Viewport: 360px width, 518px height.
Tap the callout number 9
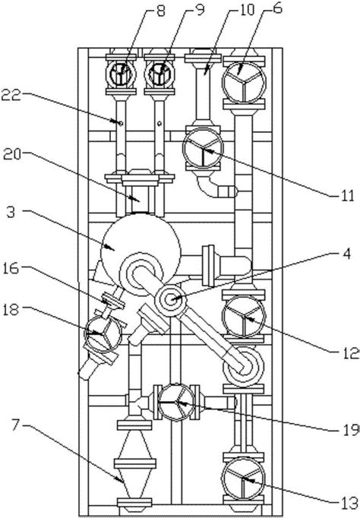tap(200, 10)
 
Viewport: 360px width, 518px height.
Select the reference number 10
tap(246, 9)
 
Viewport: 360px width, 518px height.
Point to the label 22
tap(11, 95)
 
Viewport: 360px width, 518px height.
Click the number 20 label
tap(13, 155)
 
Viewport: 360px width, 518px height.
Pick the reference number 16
tap(11, 268)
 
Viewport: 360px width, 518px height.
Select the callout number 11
tap(347, 196)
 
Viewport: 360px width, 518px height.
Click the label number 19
tap(351, 429)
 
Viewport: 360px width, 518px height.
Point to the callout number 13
tap(350, 504)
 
